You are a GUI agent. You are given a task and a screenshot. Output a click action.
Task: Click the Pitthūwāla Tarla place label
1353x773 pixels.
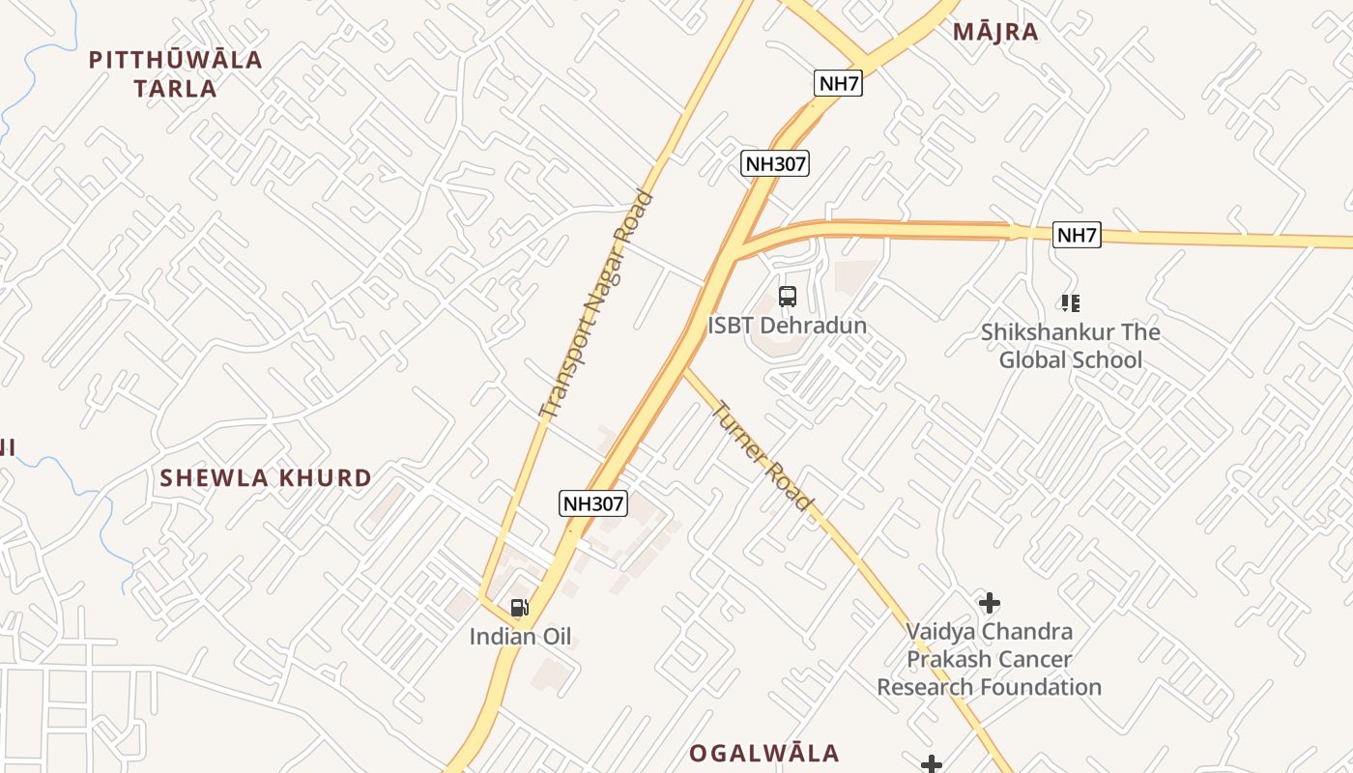pos(175,73)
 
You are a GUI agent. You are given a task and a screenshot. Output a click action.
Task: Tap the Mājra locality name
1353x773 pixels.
pos(995,32)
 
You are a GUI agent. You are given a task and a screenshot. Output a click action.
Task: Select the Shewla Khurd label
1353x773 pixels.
pos(266,477)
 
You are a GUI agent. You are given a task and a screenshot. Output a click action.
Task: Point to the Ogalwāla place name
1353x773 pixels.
pos(763,753)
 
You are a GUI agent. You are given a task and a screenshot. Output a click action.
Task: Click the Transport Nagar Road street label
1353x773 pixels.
pos(596,305)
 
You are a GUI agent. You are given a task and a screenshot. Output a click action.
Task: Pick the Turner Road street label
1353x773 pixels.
pos(762,455)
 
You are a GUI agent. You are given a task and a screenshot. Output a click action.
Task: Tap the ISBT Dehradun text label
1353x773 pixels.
pos(787,326)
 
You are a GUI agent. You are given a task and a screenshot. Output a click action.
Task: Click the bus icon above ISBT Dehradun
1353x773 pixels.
pos(788,297)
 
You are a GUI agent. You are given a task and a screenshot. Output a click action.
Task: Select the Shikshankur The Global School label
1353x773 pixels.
pos(1071,346)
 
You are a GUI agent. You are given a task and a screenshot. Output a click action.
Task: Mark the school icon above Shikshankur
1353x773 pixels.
pos(1070,303)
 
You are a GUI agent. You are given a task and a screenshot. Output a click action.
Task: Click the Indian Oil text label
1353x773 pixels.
pos(520,637)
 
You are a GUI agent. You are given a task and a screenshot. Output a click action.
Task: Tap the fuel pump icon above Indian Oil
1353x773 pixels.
pos(520,608)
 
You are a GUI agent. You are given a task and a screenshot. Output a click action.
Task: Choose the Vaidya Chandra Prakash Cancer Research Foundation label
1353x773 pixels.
pos(989,659)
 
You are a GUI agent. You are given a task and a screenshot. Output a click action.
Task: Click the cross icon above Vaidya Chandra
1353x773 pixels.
pos(989,603)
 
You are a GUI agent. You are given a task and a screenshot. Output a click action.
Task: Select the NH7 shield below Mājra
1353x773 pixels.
pos(838,83)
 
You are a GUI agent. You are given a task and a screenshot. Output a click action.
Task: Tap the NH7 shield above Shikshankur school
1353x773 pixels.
pos(1077,235)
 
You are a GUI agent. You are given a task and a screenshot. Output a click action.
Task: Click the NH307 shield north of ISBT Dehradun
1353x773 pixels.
pos(775,163)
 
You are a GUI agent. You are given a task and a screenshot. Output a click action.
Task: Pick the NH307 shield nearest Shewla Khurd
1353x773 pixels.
pos(593,502)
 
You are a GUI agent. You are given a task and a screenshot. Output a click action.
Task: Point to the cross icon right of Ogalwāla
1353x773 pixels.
pos(931,764)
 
